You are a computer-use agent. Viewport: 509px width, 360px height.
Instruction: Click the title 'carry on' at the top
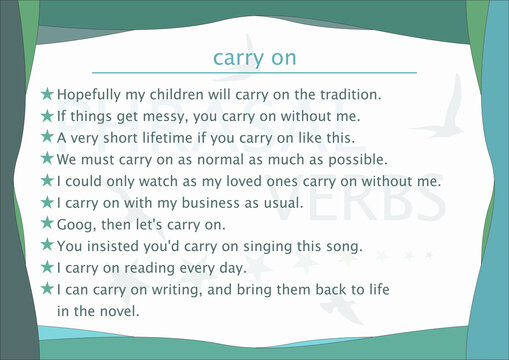point(254,57)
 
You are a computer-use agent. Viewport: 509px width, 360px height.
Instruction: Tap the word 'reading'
point(165,268)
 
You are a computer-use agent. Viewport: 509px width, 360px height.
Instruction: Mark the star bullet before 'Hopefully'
point(46,94)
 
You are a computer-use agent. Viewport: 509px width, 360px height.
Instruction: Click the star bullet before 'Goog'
point(46,223)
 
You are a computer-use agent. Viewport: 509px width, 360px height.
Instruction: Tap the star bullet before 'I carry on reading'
point(46,267)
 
